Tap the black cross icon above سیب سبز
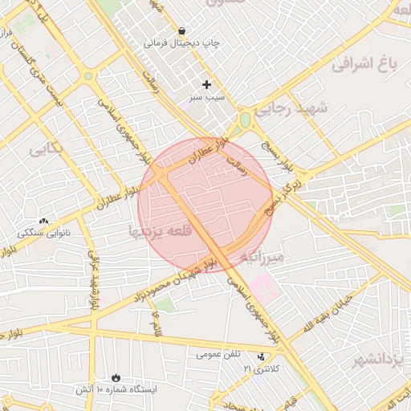point(206,84)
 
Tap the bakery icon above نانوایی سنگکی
point(43,221)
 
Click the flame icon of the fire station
point(116,376)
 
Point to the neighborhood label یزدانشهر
point(381,359)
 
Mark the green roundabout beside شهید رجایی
point(245,120)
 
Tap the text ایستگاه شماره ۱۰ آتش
point(116,389)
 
